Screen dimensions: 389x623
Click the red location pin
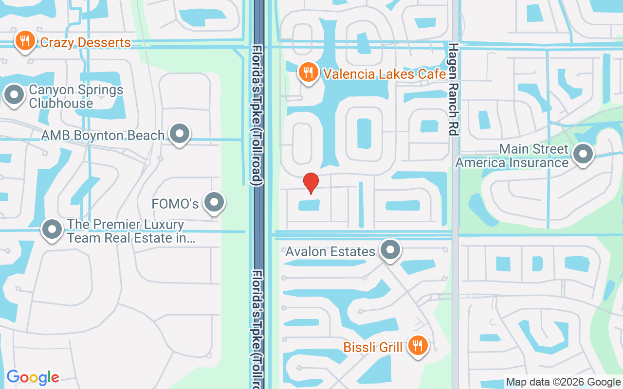[311, 183]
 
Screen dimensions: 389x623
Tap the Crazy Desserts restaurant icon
[24, 41]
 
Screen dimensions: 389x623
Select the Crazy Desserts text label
[85, 43]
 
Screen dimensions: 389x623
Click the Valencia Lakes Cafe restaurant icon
[308, 72]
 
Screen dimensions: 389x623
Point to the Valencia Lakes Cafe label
[385, 74]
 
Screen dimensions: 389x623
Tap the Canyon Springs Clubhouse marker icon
[14, 94]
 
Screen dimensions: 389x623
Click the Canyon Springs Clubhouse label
[76, 96]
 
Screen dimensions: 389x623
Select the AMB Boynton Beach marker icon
[180, 133]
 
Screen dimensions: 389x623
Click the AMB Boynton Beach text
[103, 135]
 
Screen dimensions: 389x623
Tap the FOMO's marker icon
[214, 202]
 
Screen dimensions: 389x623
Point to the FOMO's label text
[175, 204]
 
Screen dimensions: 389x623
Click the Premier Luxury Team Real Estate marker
[52, 229]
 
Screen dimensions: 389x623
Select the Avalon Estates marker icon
[390, 250]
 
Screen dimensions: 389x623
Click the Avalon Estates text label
[330, 251]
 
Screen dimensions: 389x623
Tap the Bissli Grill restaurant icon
[417, 346]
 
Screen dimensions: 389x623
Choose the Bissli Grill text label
[373, 347]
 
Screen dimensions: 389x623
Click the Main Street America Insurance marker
[583, 154]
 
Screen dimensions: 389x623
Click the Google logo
[33, 377]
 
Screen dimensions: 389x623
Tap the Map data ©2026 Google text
[563, 382]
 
